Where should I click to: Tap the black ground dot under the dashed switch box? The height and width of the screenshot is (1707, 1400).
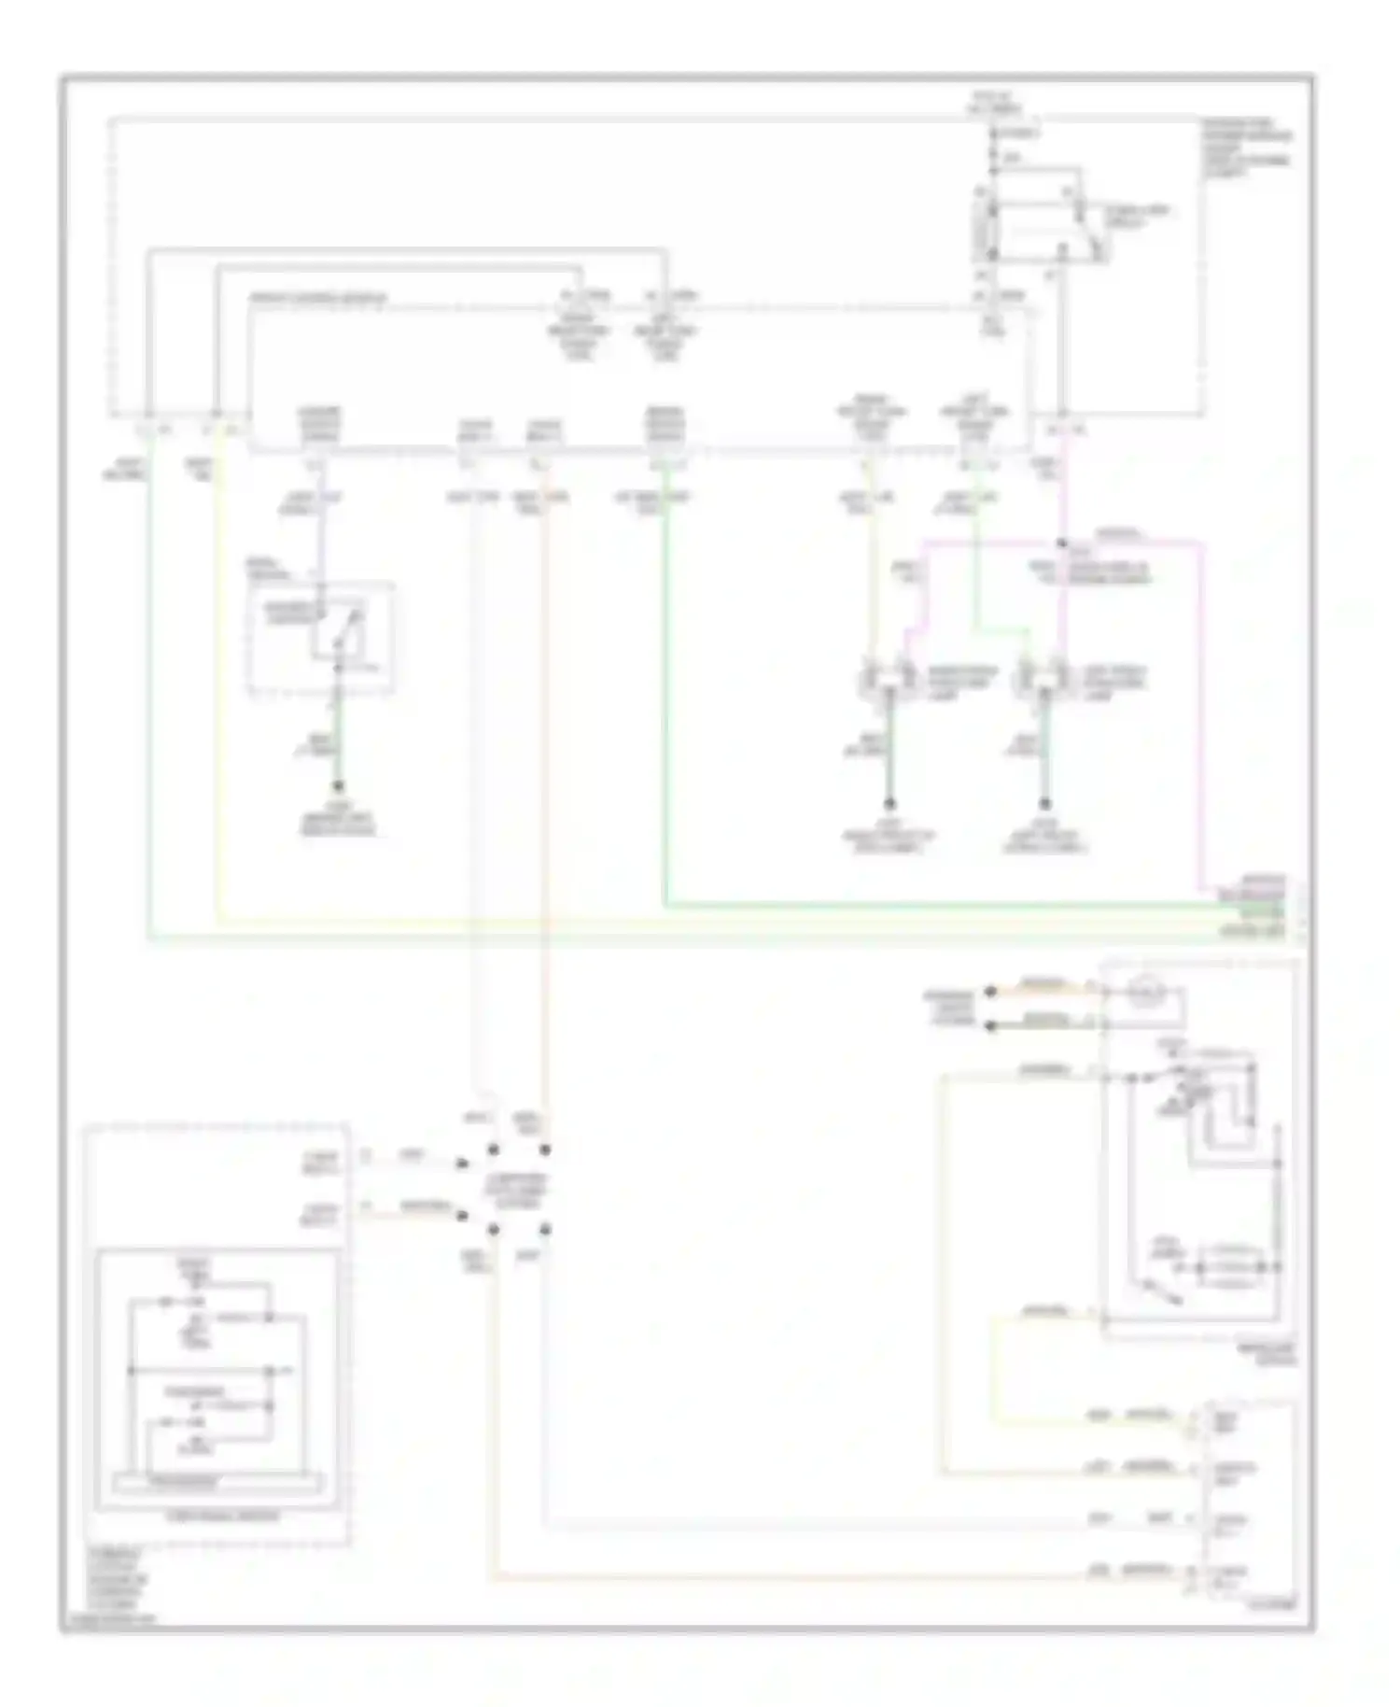click(339, 787)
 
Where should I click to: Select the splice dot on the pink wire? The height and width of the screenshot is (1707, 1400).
click(1062, 543)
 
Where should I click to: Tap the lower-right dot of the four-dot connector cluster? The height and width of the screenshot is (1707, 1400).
click(544, 1229)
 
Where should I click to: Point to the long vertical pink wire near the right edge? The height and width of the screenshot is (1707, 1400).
click(1201, 710)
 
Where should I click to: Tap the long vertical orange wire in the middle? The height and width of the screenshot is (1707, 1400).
click(543, 794)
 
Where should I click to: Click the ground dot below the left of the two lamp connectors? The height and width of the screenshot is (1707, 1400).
click(889, 804)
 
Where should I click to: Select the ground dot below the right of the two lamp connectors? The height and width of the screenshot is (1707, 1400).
click(1044, 804)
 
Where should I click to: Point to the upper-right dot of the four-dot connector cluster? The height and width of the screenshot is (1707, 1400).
click(544, 1150)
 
